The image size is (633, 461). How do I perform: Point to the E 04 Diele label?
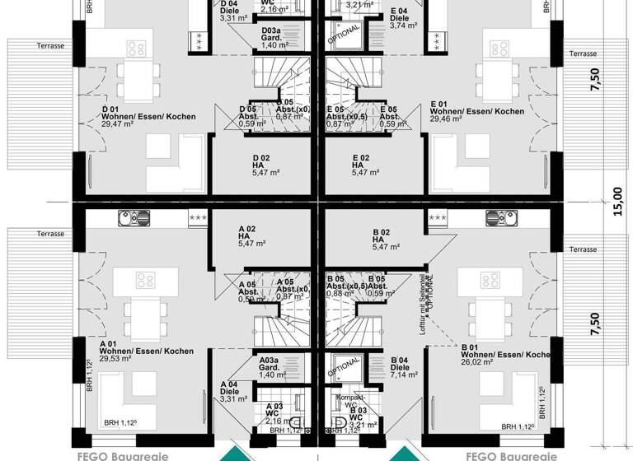tap(399, 17)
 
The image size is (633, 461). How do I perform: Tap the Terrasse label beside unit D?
tap(50, 46)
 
